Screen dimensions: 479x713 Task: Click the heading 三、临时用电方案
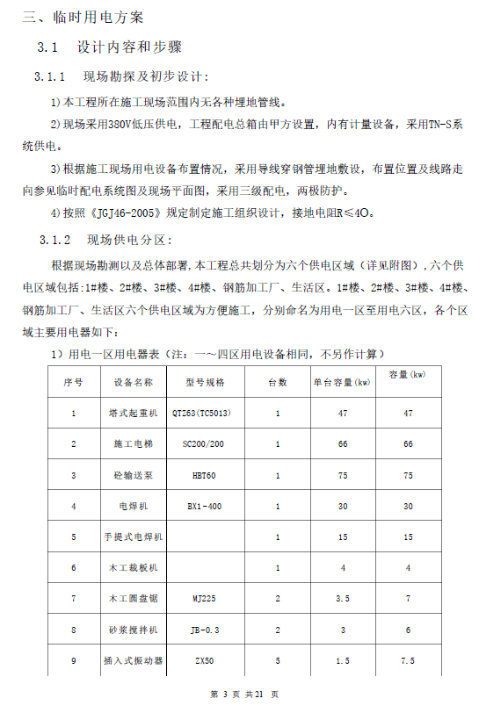tap(83, 17)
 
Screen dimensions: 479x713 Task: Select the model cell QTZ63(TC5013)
tap(204, 413)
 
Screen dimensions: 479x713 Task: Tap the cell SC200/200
tap(204, 443)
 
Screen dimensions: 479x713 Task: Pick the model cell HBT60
tap(204, 475)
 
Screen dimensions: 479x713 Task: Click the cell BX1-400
tap(204, 506)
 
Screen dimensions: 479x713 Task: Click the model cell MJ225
tap(204, 599)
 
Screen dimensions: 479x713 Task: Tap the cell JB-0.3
tap(204, 630)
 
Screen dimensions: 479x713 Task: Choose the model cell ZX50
tap(204, 660)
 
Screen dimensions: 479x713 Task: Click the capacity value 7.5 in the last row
tap(407, 660)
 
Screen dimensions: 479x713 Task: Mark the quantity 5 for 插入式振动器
tap(278, 660)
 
